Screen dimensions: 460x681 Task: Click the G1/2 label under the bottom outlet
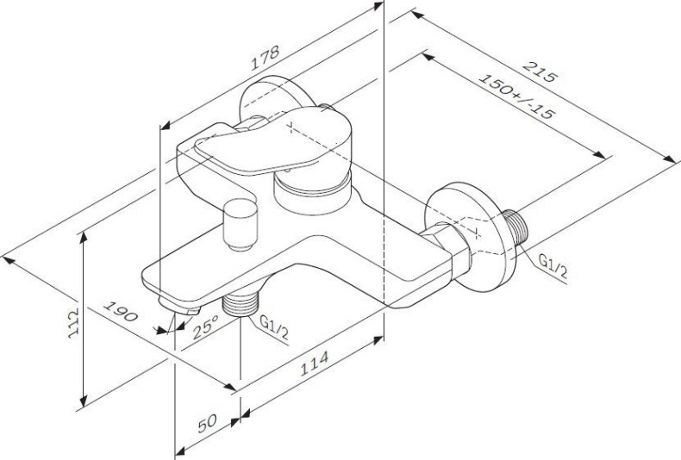[x=274, y=326]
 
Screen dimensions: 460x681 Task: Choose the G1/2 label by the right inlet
[x=553, y=266]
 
